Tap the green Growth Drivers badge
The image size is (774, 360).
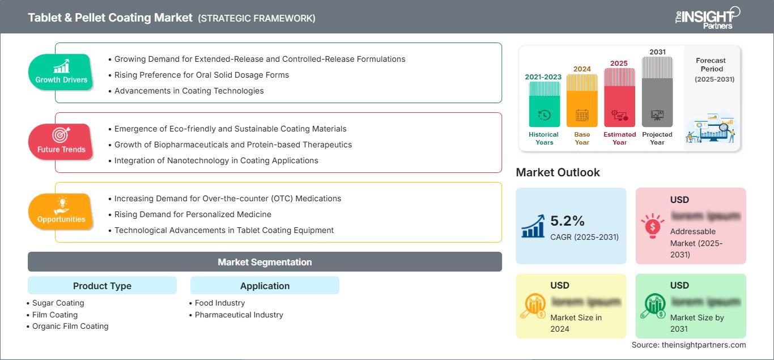coord(61,73)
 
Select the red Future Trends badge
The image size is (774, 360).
coord(61,142)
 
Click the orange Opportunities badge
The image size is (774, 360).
coord(61,212)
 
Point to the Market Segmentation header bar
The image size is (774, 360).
coord(265,262)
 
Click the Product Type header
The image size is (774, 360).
coord(102,286)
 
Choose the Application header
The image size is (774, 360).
coord(265,286)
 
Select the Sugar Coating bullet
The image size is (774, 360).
coord(58,303)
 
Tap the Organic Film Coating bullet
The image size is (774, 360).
coord(70,326)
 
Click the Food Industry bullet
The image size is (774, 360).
coord(220,303)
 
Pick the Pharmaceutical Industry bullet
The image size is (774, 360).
coord(239,315)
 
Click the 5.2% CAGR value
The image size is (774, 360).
coord(568,221)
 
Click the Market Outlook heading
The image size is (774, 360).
coord(558,172)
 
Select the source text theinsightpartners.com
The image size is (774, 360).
coord(688,345)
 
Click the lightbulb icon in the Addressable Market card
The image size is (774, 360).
coord(653,226)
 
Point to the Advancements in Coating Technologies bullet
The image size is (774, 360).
coord(189,91)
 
